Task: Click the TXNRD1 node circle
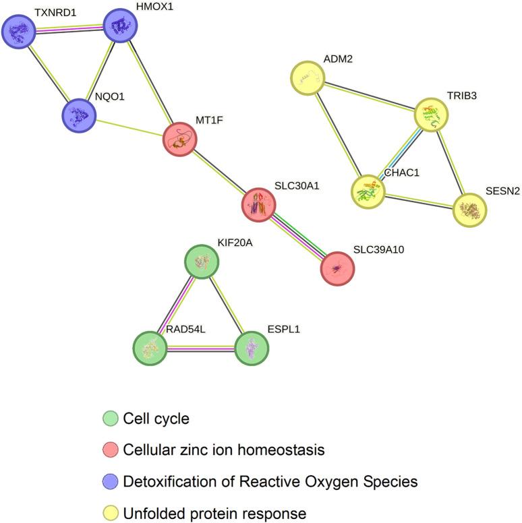(x=20, y=32)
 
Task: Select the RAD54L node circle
(x=150, y=348)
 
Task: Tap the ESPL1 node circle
(x=252, y=348)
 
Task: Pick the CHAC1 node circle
(x=368, y=191)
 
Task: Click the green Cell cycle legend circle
(x=108, y=419)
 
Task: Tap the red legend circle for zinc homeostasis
(x=108, y=450)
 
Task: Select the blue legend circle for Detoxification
(x=108, y=482)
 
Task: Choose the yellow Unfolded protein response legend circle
(x=108, y=513)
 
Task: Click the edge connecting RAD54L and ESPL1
(x=201, y=348)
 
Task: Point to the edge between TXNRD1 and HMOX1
(x=70, y=29)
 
